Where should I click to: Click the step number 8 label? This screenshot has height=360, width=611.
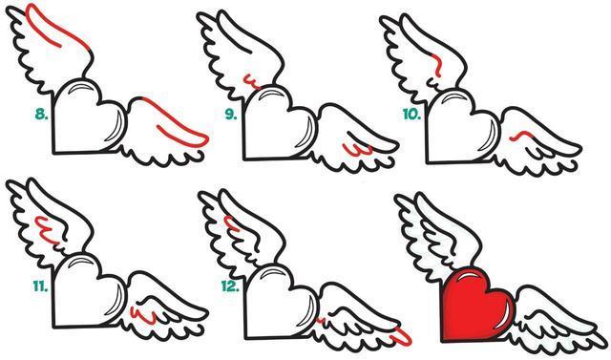tap(41, 115)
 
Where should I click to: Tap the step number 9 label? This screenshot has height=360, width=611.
tap(231, 115)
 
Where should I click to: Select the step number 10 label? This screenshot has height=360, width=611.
tap(411, 115)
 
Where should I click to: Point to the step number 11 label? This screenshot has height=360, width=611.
tap(40, 287)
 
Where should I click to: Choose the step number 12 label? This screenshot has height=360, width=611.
tap(230, 287)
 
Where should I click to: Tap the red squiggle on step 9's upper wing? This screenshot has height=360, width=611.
tap(251, 82)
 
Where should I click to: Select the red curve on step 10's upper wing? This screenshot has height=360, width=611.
tap(438, 64)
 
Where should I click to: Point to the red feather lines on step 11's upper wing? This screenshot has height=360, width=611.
tap(47, 230)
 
